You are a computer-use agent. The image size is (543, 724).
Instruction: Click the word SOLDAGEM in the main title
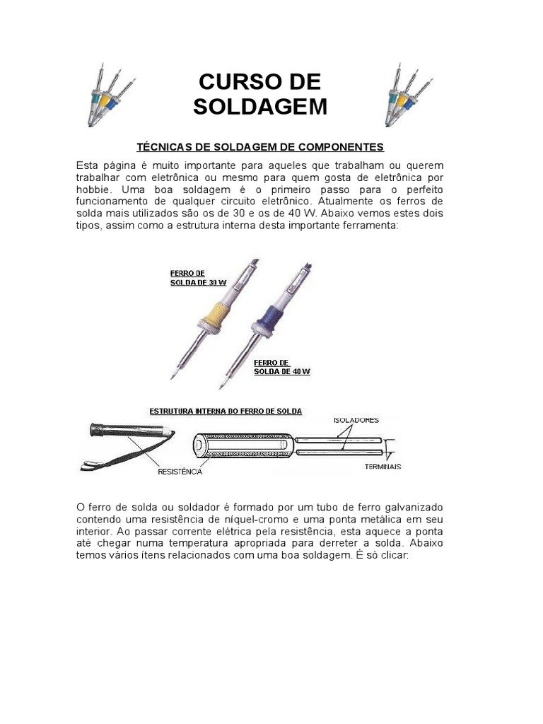pyautogui.click(x=260, y=107)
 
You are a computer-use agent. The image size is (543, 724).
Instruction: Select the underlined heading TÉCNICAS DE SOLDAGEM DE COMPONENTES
pyautogui.click(x=259, y=147)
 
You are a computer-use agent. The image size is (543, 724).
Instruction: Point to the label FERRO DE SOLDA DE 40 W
pyautogui.click(x=281, y=367)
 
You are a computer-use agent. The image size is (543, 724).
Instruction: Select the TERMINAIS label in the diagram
pyautogui.click(x=383, y=466)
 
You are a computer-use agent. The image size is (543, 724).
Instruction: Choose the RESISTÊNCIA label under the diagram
pyautogui.click(x=180, y=471)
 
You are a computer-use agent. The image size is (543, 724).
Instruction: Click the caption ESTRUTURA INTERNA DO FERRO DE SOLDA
pyautogui.click(x=225, y=411)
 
